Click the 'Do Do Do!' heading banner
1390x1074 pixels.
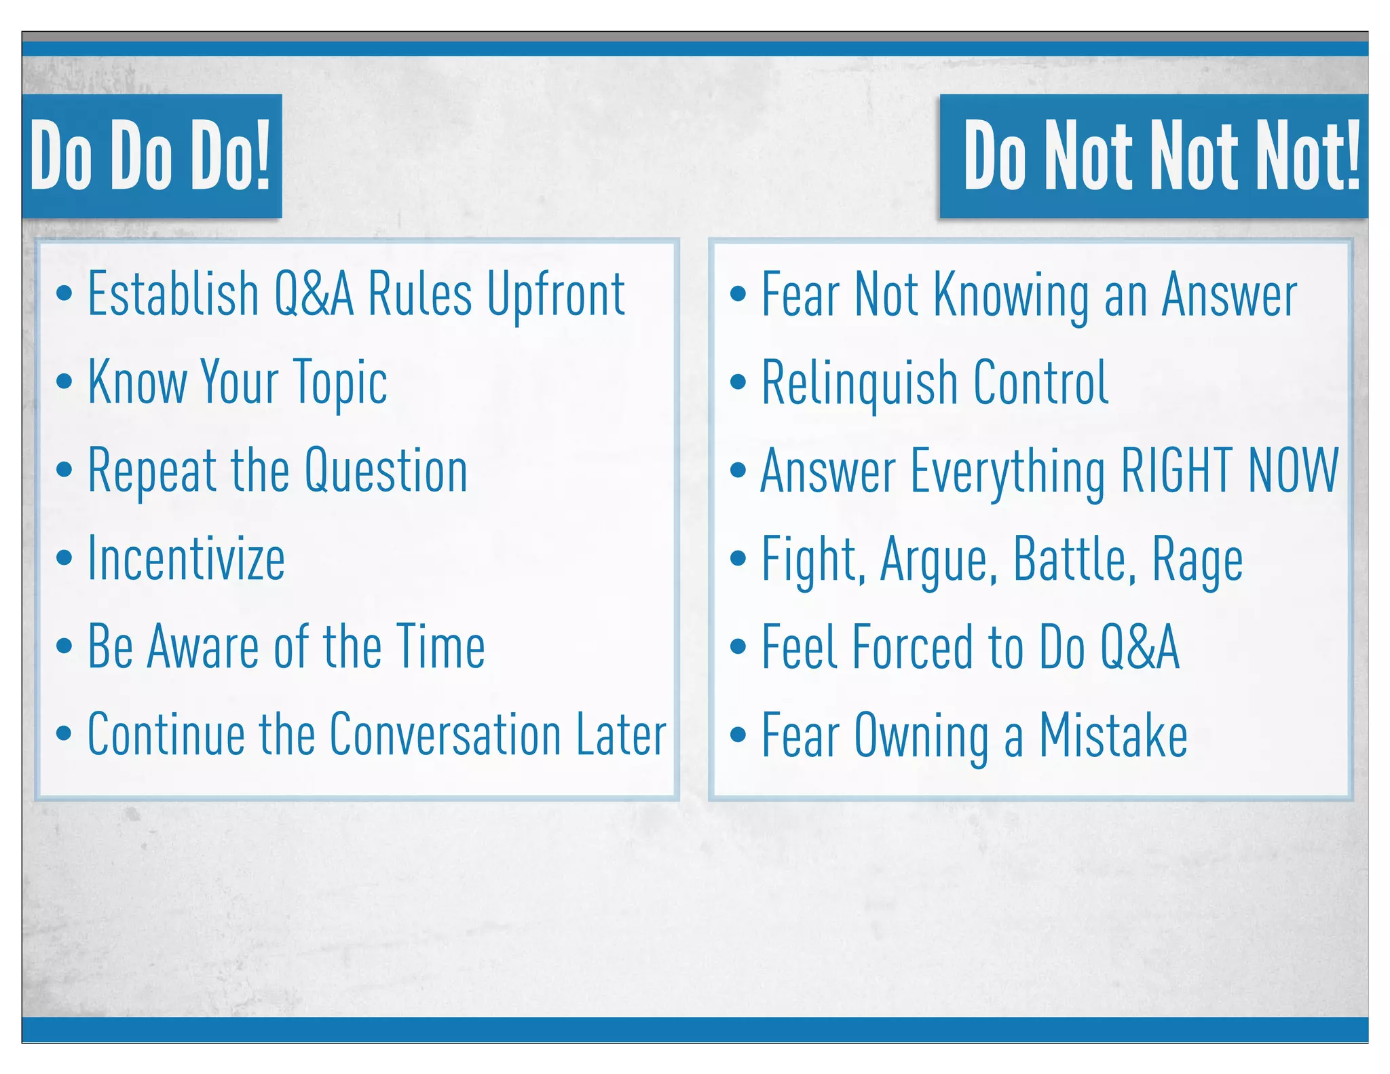[x=151, y=155]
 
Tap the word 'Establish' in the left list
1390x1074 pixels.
[x=174, y=295]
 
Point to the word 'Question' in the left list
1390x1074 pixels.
[x=386, y=470]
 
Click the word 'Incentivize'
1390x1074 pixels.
[x=187, y=559]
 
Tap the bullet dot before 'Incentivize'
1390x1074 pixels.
[x=64, y=559]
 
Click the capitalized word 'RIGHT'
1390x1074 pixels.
[x=1177, y=470]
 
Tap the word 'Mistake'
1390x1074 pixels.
[x=1113, y=735]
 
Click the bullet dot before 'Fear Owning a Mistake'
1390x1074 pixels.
[x=738, y=735]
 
